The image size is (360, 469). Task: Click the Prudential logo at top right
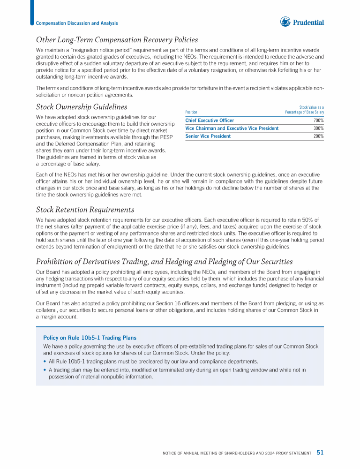tap(302, 22)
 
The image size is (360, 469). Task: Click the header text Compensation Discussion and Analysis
tap(77, 23)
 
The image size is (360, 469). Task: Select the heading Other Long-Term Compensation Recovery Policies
tap(117, 40)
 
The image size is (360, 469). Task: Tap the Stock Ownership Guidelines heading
tap(82, 107)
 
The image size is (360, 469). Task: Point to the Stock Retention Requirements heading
tap(85, 210)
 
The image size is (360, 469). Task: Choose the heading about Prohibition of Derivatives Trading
tap(164, 261)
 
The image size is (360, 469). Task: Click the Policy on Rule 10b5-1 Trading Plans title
tap(90, 337)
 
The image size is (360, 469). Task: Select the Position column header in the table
tap(191, 112)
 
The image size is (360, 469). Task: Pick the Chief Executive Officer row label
tap(210, 121)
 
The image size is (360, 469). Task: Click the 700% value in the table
tap(318, 121)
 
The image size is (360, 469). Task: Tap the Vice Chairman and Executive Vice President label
tap(232, 128)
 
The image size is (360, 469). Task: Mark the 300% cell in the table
tap(318, 128)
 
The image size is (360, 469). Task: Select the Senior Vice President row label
tap(208, 136)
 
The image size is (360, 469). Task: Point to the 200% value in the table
tap(318, 136)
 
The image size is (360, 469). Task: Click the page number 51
tap(320, 453)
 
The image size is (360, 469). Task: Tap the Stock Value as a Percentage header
tap(304, 110)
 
